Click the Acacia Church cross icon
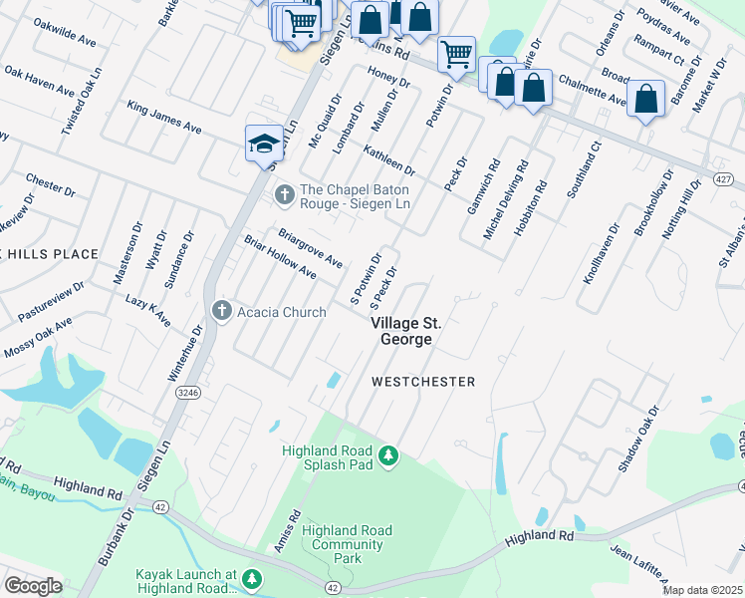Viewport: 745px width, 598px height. tap(221, 312)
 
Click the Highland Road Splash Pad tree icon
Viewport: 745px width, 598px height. tap(388, 456)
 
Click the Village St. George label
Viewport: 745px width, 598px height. tap(406, 332)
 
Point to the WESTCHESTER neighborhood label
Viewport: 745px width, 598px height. tap(423, 382)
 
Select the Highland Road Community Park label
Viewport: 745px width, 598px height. tap(347, 545)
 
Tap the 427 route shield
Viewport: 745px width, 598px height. tap(723, 178)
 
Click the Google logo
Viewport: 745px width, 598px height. tap(33, 586)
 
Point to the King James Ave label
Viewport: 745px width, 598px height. tap(164, 117)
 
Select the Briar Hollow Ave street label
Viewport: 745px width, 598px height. tap(280, 259)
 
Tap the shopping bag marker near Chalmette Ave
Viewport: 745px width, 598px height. tap(646, 99)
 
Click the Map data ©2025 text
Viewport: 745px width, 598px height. tap(703, 590)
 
